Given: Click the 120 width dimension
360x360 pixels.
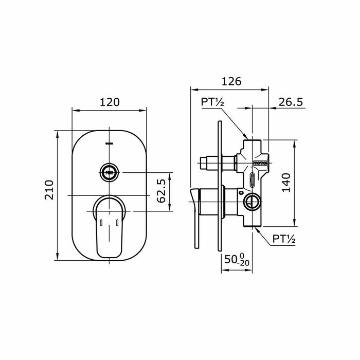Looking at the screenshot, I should click(x=109, y=102).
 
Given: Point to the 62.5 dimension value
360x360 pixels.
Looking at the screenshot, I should click(x=160, y=190).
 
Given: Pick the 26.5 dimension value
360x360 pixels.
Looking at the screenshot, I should click(x=291, y=102).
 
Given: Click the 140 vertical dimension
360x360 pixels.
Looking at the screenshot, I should click(x=286, y=183).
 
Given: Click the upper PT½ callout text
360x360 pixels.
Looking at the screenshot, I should click(x=212, y=102).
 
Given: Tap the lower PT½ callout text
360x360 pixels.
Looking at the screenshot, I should click(x=284, y=239).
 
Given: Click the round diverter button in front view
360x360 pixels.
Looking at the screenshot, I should click(x=109, y=171).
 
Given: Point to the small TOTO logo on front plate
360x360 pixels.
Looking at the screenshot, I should click(x=109, y=143).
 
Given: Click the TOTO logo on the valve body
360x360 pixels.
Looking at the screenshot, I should click(x=260, y=163).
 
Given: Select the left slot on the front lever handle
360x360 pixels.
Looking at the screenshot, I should click(x=101, y=222).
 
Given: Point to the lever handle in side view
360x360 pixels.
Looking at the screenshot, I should click(x=194, y=216).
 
